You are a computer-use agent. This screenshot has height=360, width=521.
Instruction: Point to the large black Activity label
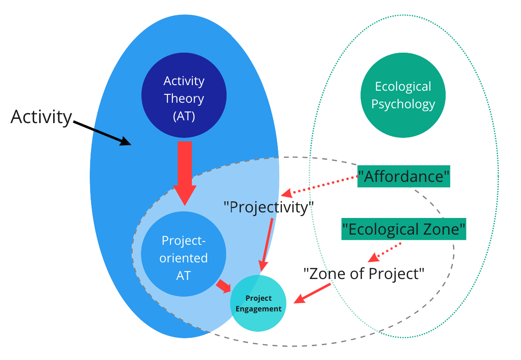tap(41, 117)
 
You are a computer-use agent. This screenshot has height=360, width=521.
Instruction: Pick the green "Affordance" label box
tap(404, 176)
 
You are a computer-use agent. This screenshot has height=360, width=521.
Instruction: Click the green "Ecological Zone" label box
tap(404, 229)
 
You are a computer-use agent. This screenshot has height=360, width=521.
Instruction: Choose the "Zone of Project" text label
tap(364, 273)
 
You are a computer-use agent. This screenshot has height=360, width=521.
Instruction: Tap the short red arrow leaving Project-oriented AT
tap(224, 286)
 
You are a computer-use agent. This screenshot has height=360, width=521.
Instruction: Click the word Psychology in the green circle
tap(403, 104)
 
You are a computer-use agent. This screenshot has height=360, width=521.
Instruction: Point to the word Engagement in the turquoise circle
tap(258, 309)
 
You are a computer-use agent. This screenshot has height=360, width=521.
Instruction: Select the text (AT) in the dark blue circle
tap(184, 116)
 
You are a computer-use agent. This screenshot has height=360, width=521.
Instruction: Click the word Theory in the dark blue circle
tap(184, 98)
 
